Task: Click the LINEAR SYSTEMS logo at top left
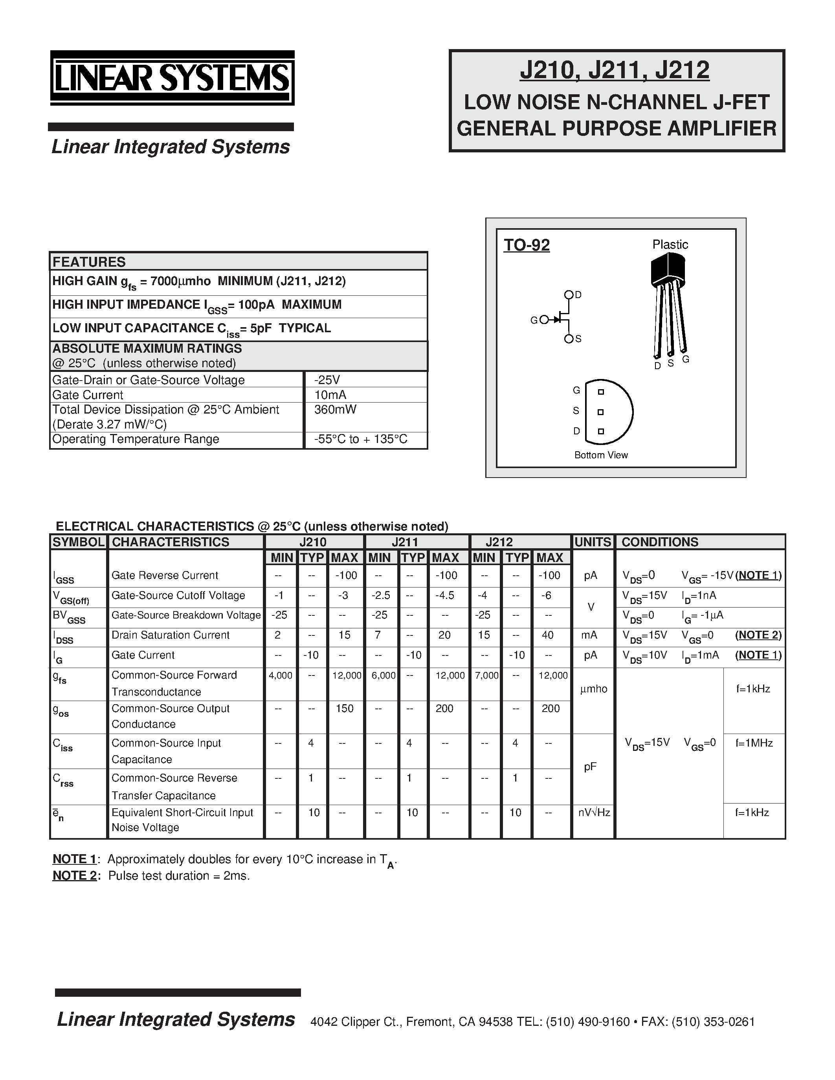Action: click(172, 78)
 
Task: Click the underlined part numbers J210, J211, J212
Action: click(615, 70)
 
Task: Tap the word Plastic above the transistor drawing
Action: click(670, 244)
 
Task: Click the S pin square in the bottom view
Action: click(600, 412)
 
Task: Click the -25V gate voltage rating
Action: click(327, 380)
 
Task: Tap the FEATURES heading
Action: click(89, 262)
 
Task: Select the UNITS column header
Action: click(593, 542)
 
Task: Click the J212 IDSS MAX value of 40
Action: click(548, 635)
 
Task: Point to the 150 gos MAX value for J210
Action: click(345, 708)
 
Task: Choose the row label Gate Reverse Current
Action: click(164, 575)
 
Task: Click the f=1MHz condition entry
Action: click(754, 743)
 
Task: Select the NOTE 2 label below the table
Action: click(74, 876)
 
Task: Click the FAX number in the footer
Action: click(697, 1022)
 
